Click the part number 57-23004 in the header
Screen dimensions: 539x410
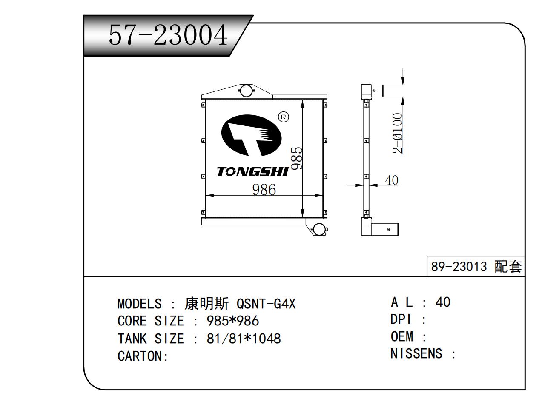point(168,35)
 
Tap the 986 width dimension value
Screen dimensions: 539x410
point(264,190)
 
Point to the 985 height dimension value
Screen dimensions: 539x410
point(296,158)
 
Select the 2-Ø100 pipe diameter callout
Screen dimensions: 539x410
point(398,133)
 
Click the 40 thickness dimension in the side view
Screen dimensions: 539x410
point(391,180)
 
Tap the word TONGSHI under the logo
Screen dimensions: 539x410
point(252,172)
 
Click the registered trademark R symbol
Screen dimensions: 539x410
point(283,117)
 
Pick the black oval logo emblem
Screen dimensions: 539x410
point(251,135)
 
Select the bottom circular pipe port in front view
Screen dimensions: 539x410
point(319,230)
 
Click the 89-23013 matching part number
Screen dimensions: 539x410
point(459,267)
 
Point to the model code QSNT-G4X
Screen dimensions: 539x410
point(266,304)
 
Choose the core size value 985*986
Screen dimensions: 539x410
point(233,321)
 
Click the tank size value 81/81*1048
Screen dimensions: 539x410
point(244,339)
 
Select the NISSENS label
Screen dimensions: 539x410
point(416,353)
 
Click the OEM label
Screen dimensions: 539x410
point(402,336)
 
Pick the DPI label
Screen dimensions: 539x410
point(401,319)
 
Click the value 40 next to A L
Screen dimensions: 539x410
point(443,302)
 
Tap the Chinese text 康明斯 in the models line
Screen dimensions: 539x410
point(206,304)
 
